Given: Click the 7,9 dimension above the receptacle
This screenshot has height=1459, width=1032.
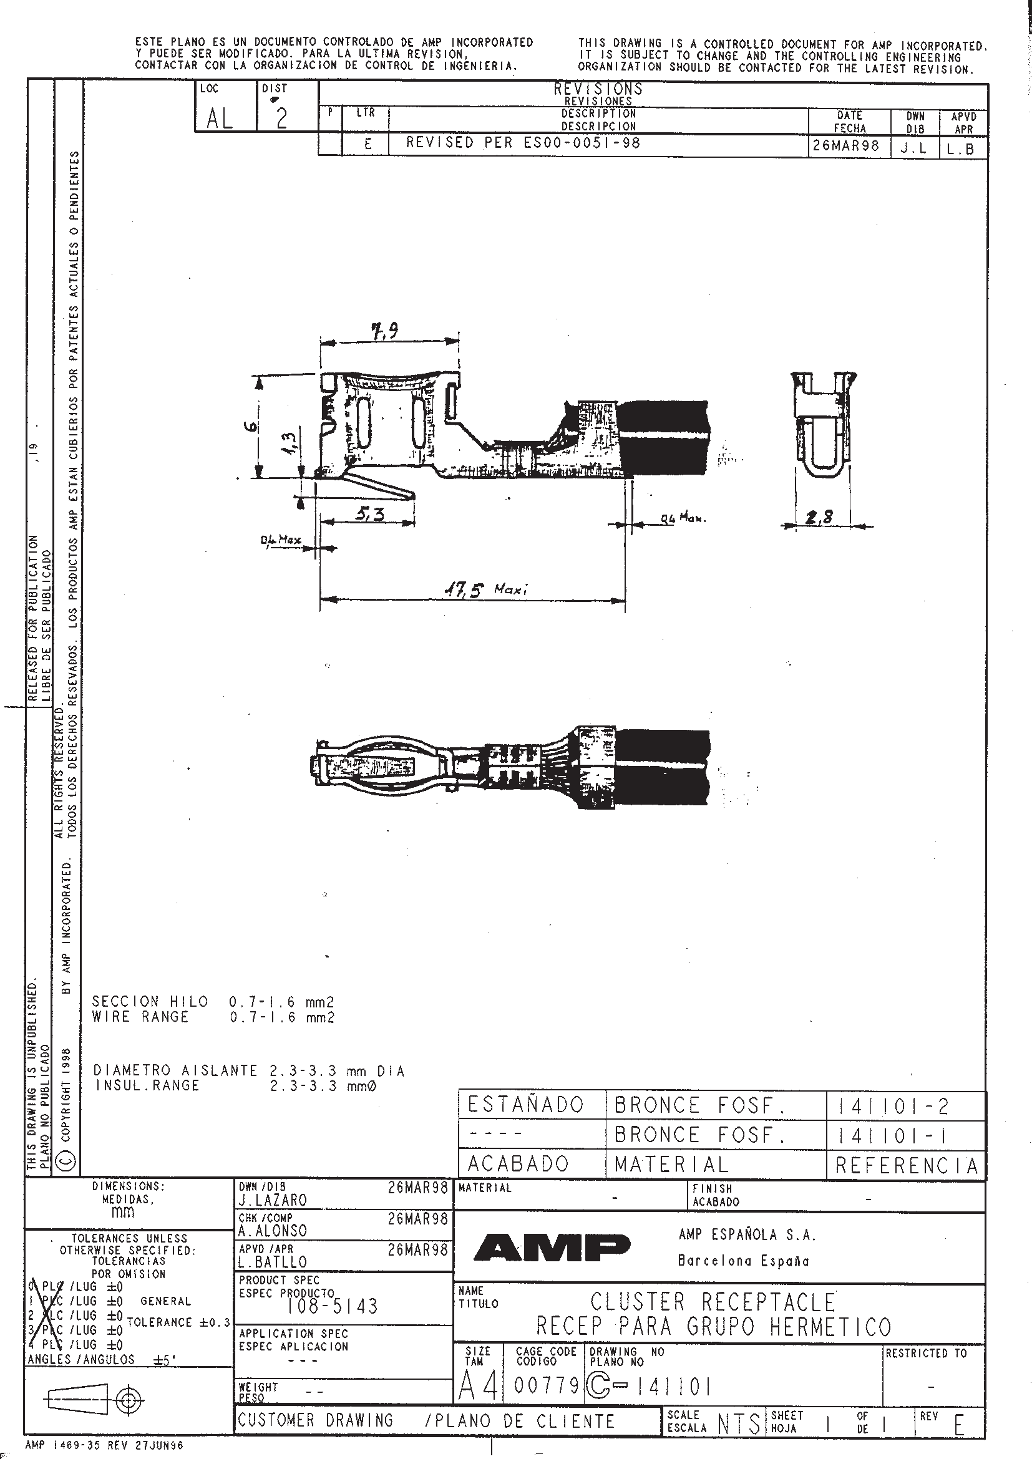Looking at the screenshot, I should click(x=386, y=331).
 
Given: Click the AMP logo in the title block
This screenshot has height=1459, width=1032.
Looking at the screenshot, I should click(x=552, y=1248).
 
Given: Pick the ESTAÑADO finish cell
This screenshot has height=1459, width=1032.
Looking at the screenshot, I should click(x=525, y=1105).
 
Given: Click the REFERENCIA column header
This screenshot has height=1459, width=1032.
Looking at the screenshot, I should click(x=906, y=1165).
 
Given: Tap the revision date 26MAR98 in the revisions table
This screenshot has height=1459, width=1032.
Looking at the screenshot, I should click(x=846, y=145).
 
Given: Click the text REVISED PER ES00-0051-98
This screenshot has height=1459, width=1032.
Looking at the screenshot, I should click(x=522, y=143).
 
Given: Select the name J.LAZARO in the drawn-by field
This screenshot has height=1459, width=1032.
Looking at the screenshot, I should click(x=273, y=1200).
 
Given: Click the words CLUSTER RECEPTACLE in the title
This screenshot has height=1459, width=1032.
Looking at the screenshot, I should click(x=713, y=1302).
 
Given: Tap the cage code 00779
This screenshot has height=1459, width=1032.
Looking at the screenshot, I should click(x=546, y=1386).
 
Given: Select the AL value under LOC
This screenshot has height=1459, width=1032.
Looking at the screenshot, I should click(x=220, y=118).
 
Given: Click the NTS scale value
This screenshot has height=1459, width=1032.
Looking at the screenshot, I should click(x=738, y=1424).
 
